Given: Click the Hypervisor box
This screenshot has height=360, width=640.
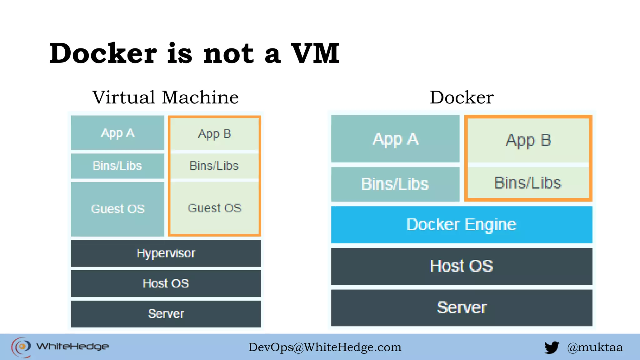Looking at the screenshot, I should [166, 253].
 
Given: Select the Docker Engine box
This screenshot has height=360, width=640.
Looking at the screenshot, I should [462, 225].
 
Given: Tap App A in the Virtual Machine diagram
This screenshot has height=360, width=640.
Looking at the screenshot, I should [117, 133].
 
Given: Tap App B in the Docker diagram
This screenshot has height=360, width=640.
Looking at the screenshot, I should [528, 140].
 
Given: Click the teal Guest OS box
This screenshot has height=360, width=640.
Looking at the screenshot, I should [117, 209].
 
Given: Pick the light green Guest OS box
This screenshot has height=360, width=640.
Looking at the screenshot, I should [214, 208].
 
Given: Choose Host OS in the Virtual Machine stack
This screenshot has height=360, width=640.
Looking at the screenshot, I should [166, 283].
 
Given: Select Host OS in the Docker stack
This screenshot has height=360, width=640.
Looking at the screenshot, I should [462, 266].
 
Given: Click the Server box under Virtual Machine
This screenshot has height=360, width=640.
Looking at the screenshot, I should [166, 314].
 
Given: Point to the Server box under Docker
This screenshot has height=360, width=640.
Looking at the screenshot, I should [462, 308].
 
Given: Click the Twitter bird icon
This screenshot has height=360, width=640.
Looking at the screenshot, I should [552, 347].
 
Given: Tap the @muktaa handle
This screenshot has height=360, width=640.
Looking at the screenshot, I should [595, 347].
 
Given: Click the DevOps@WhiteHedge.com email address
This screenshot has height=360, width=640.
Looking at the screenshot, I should [325, 347].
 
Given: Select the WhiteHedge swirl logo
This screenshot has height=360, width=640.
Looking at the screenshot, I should [21, 347].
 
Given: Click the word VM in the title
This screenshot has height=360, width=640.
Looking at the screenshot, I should [315, 53].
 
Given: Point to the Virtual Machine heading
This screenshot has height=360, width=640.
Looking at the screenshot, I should [166, 97].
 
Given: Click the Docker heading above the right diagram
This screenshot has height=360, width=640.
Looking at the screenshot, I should [462, 97].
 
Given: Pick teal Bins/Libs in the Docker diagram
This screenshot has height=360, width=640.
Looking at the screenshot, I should [395, 184].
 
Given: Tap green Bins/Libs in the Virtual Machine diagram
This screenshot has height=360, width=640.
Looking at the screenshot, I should [214, 166].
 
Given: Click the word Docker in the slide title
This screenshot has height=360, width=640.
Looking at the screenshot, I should [103, 53].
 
